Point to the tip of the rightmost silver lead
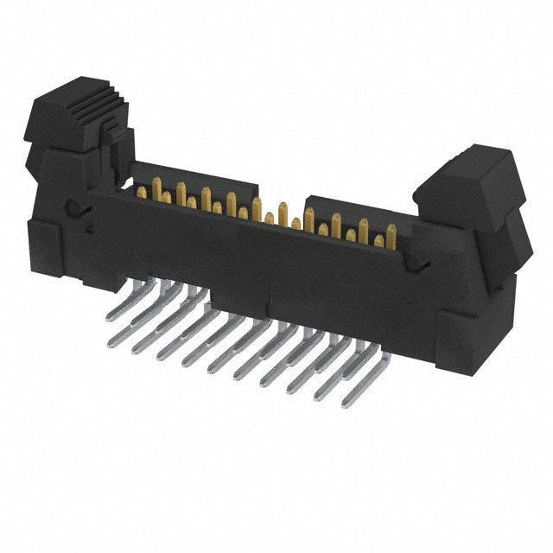point(346,403)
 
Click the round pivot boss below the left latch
point(77,207)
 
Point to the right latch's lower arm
point(501,242)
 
